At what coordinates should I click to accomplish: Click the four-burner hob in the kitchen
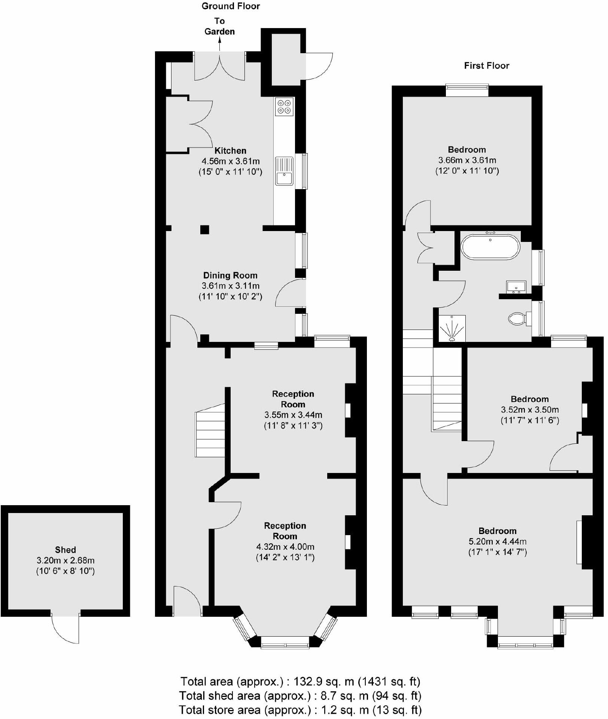pyautogui.click(x=284, y=107)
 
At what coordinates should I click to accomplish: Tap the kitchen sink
pyautogui.click(x=285, y=171)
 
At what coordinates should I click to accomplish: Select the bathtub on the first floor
pyautogui.click(x=490, y=246)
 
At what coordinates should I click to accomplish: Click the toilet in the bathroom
pyautogui.click(x=517, y=319)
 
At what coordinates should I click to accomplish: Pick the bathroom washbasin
pyautogui.click(x=516, y=287)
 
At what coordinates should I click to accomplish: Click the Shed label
pyautogui.click(x=66, y=550)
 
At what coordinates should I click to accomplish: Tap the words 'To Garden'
pyautogui.click(x=219, y=26)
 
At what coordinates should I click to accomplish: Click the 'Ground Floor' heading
pyautogui.click(x=231, y=6)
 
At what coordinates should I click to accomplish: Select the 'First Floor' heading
pyautogui.click(x=487, y=66)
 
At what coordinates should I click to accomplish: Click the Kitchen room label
pyautogui.click(x=230, y=151)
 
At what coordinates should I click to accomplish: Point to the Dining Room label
pyautogui.click(x=230, y=276)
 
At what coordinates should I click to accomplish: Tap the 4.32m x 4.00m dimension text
pyautogui.click(x=285, y=547)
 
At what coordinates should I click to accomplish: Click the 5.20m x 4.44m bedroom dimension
pyautogui.click(x=498, y=541)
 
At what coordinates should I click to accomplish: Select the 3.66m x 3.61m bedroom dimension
pyautogui.click(x=467, y=160)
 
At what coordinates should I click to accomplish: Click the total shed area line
pyautogui.click(x=300, y=696)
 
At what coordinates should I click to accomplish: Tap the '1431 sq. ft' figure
pyautogui.click(x=389, y=681)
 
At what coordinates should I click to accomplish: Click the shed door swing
pyautogui.click(x=66, y=629)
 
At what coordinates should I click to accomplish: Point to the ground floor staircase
pyautogui.click(x=210, y=431)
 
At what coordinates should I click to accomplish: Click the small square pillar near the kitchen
pyautogui.click(x=204, y=230)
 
